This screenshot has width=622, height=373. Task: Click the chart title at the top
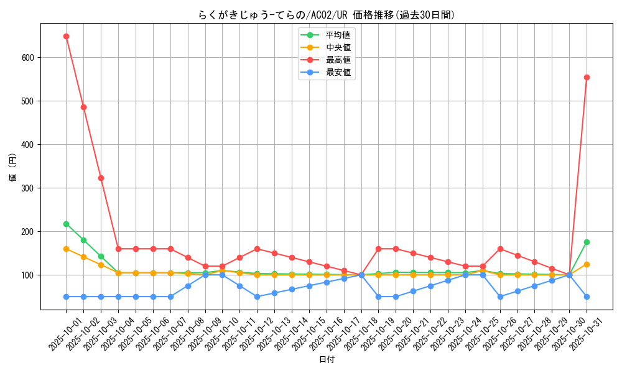[327, 15]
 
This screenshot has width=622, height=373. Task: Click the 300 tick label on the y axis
[29, 188]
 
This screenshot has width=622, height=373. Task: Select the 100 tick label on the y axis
[29, 275]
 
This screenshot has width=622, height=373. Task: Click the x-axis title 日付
[327, 360]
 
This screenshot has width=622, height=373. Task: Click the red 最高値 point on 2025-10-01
[66, 36]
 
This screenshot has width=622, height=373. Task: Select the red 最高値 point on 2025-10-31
[587, 77]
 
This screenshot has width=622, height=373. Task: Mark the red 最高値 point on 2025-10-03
[101, 178]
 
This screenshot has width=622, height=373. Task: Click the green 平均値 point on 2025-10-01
[66, 224]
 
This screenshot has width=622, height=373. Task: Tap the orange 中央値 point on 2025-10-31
[587, 264]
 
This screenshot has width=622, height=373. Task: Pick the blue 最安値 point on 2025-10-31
[587, 297]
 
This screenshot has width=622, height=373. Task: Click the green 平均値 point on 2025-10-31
[587, 242]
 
